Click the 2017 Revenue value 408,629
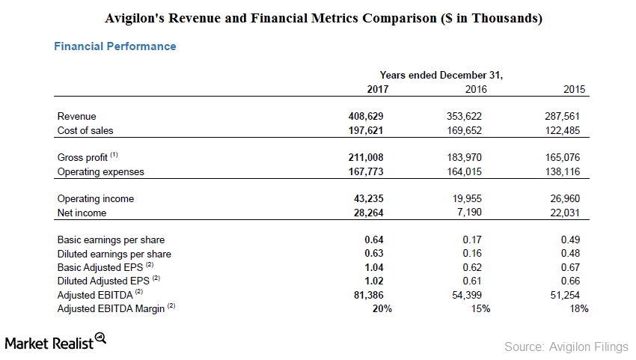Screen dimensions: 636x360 365,117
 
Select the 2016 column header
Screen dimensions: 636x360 476,89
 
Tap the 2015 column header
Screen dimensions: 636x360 574,89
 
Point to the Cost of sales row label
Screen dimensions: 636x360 85,131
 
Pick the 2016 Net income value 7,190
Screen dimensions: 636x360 469,213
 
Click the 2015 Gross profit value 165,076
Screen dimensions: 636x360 562,157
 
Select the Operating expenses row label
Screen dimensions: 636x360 100,172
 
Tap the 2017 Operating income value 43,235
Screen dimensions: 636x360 368,198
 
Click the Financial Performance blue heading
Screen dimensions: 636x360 115,46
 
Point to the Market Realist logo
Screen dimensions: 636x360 55,342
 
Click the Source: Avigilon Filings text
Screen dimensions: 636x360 566,347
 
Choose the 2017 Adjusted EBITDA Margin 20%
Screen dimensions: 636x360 382,309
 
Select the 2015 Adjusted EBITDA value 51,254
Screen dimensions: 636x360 565,295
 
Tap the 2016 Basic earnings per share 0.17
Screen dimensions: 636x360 472,240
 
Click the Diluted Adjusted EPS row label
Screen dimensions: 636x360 108,281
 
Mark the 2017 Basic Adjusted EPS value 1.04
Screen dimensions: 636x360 373,267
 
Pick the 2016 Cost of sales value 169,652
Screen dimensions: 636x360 464,131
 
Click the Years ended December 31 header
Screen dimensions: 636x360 441,76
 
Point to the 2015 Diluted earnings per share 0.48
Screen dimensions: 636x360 570,253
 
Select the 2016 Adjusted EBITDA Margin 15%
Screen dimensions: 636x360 480,309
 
